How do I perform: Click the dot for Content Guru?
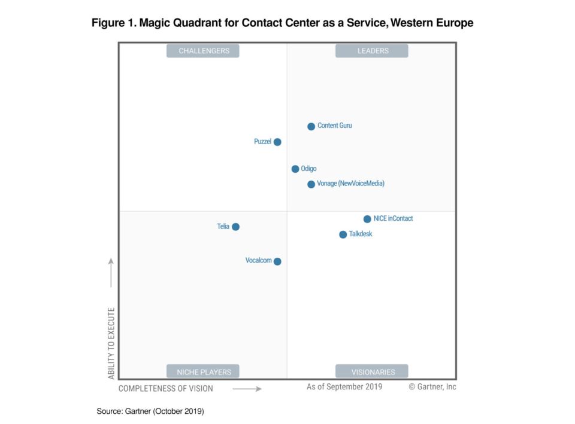click(311, 126)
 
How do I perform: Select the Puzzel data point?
click(277, 142)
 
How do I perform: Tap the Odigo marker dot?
click(295, 169)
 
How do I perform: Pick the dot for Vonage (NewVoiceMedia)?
click(311, 184)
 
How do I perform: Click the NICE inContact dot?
click(367, 219)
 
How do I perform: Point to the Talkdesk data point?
click(343, 234)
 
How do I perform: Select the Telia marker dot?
click(236, 227)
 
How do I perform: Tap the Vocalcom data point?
click(277, 261)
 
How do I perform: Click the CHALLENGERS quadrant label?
click(203, 51)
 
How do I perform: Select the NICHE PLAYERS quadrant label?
click(203, 371)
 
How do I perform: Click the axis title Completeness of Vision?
click(166, 389)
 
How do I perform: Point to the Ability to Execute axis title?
click(111, 343)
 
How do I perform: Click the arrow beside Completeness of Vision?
click(247, 389)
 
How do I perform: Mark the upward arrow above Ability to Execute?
click(111, 273)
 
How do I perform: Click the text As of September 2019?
click(344, 387)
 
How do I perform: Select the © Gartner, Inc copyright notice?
click(432, 387)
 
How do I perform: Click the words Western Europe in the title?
click(432, 23)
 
